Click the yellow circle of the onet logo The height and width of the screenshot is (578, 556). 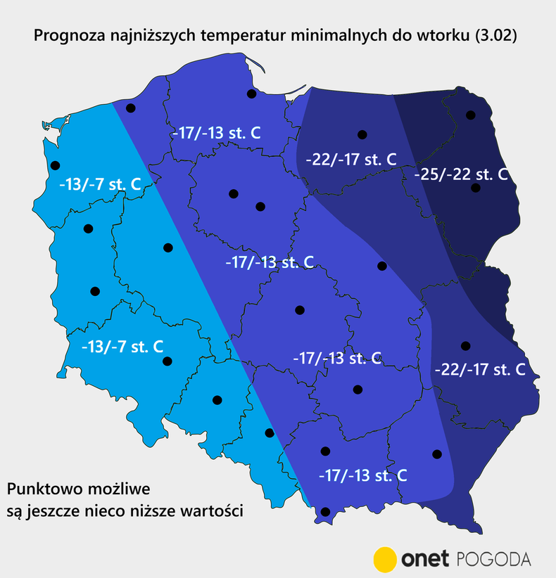[385, 559]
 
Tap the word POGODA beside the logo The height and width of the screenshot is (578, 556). [494, 559]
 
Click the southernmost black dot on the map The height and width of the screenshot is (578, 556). [325, 512]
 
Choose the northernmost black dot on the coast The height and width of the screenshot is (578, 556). [251, 94]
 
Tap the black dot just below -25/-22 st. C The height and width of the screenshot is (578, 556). [476, 188]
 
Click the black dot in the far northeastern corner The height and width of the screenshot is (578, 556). [471, 115]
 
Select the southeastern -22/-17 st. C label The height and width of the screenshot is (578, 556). [480, 368]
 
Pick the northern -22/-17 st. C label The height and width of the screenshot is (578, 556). [350, 160]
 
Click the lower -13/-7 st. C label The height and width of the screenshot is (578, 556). [122, 347]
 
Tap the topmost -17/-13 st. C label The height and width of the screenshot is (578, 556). [217, 131]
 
